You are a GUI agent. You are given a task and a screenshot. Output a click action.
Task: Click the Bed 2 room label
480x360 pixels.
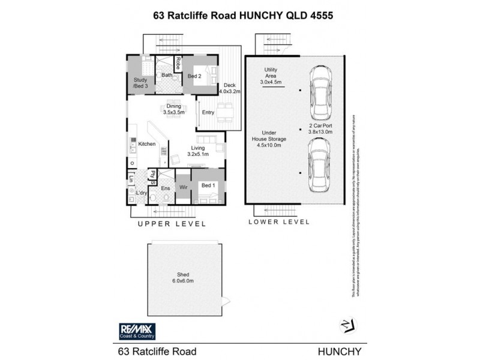pyautogui.click(x=194, y=76)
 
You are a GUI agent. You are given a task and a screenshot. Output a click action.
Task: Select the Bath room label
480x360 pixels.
pyautogui.click(x=167, y=76)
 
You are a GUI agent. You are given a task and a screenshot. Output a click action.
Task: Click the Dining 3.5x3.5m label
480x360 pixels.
pyautogui.click(x=173, y=108)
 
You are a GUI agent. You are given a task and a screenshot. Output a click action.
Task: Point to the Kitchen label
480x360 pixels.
pyautogui.click(x=147, y=144)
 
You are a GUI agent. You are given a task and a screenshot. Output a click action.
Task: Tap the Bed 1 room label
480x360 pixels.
pyautogui.click(x=208, y=185)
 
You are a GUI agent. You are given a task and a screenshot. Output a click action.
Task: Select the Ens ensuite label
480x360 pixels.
pyautogui.click(x=166, y=188)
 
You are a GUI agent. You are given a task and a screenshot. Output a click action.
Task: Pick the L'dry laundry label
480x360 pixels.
pyautogui.click(x=142, y=193)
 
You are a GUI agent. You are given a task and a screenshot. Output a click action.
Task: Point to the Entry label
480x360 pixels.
pyautogui.click(x=208, y=112)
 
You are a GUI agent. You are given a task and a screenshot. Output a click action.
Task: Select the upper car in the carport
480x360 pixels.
pyautogui.click(x=320, y=93)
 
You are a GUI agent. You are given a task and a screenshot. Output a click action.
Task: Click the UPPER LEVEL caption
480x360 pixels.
pyautogui.click(x=172, y=224)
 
